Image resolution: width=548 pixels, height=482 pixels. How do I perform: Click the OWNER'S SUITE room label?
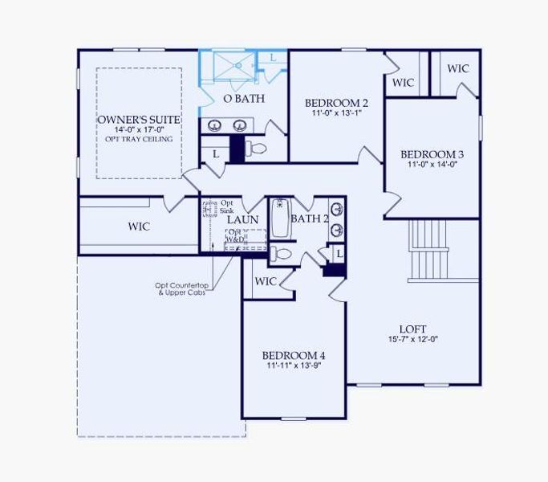(x=139, y=120)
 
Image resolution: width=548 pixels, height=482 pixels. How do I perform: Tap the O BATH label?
(x=238, y=99)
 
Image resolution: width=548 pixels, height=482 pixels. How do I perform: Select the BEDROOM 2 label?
(x=336, y=103)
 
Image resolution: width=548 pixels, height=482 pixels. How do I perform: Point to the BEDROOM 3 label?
(x=432, y=153)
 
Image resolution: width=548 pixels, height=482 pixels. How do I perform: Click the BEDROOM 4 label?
(x=294, y=355)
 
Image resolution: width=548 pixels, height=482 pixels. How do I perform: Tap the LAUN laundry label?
(x=242, y=219)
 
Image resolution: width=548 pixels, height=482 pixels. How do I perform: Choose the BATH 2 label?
(x=310, y=219)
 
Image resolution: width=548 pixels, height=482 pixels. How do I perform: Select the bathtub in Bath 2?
(x=281, y=219)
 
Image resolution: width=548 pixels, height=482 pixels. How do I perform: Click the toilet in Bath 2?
(x=281, y=255)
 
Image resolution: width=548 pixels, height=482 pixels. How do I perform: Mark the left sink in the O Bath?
(x=216, y=125)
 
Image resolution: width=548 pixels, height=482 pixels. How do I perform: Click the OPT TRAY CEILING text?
(x=139, y=139)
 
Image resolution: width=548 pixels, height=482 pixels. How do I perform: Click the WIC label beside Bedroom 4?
(x=266, y=281)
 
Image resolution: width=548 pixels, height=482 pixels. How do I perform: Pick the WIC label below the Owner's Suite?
(x=139, y=227)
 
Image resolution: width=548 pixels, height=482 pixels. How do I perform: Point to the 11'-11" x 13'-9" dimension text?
(x=294, y=366)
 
